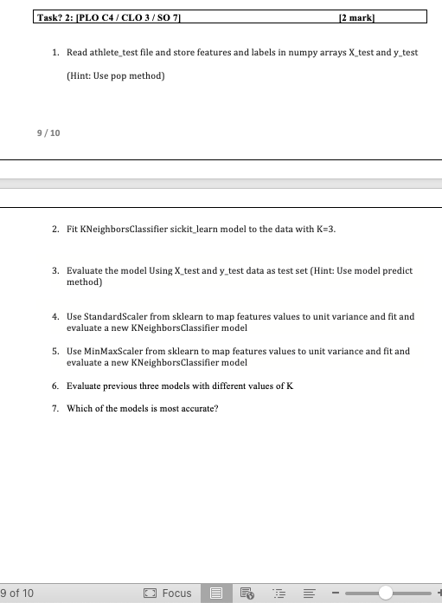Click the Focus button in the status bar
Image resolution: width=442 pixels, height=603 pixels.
click(170, 593)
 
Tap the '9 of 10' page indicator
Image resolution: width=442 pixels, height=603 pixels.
click(18, 593)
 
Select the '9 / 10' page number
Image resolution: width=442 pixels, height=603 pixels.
click(48, 133)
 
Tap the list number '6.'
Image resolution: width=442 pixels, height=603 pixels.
click(55, 386)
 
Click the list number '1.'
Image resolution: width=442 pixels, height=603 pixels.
click(56, 52)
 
